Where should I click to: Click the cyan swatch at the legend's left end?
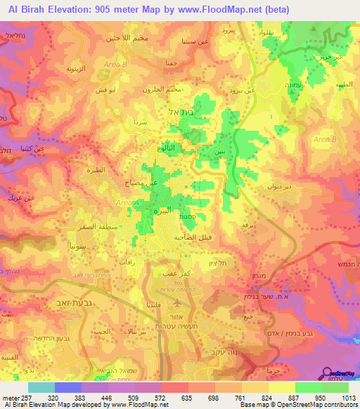click(41, 387)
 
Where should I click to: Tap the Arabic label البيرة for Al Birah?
click(162, 210)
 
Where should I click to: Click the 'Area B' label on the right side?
click(324, 140)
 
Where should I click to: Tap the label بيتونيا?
click(64, 249)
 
